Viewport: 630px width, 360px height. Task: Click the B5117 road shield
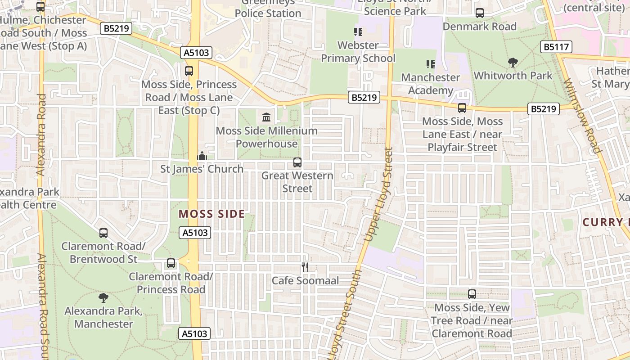(x=556, y=47)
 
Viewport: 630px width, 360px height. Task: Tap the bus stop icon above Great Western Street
(x=297, y=162)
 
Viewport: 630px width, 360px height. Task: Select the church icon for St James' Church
(x=202, y=156)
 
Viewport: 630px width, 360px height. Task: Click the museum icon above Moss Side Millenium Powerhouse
(x=266, y=117)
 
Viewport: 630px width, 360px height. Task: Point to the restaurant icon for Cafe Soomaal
(x=305, y=267)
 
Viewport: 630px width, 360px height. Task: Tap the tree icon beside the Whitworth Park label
(x=513, y=63)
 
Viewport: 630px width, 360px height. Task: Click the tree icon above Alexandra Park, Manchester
(x=103, y=297)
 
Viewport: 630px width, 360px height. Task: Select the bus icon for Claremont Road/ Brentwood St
(x=103, y=233)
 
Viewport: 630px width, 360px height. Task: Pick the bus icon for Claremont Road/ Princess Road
(x=171, y=263)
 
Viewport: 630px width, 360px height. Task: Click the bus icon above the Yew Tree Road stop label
(x=472, y=294)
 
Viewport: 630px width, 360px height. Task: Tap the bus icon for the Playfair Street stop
(x=462, y=108)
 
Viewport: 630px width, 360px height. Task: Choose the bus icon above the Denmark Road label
(x=480, y=13)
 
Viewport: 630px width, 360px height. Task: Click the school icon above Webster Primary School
(x=358, y=32)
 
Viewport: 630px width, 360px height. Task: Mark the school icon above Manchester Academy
(x=430, y=64)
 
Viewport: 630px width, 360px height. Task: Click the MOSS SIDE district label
(x=211, y=214)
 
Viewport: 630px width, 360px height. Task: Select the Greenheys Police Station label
(x=268, y=9)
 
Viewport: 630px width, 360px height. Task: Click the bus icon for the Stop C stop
(x=189, y=71)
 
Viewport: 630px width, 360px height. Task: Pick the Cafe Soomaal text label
(x=305, y=281)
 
